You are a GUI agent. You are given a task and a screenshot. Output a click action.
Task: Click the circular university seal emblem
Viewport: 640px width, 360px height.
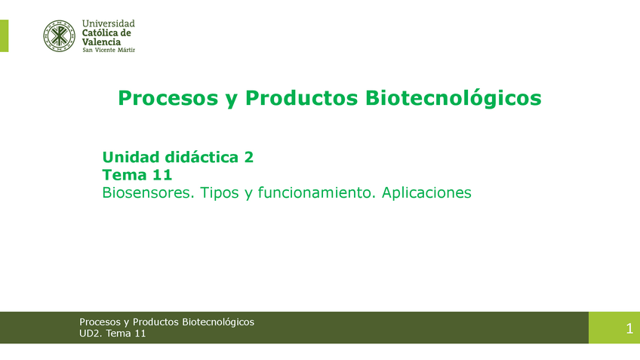tap(60, 35)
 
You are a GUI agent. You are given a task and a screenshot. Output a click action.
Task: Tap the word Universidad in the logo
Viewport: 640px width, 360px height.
tap(108, 24)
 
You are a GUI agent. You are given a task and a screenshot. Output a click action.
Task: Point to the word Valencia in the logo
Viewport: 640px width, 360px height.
tap(101, 42)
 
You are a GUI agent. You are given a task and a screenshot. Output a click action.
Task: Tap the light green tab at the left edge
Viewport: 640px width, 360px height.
tap(4, 35)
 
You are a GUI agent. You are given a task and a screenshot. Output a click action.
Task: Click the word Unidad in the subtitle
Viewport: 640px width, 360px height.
tap(131, 157)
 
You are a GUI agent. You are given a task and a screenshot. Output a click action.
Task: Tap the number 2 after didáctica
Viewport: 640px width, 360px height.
tap(248, 157)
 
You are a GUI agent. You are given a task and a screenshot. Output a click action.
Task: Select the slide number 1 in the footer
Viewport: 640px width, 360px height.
tap(629, 328)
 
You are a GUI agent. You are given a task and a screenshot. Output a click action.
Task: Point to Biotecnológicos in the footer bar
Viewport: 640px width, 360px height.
tap(218, 322)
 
